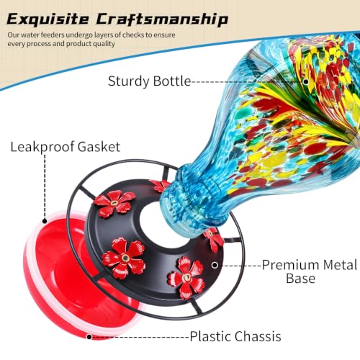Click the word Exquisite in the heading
(x=48, y=19)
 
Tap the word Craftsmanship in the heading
(x=162, y=19)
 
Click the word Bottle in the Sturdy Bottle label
(x=172, y=81)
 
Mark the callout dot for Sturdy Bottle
(x=306, y=81)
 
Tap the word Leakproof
(x=42, y=147)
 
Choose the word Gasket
(x=99, y=147)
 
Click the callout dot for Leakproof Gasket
(x=45, y=221)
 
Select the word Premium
(x=290, y=265)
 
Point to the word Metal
(x=340, y=265)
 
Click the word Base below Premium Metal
(x=301, y=279)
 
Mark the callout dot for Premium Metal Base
(x=215, y=265)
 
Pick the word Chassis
(x=256, y=336)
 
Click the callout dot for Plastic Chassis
(x=89, y=337)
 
